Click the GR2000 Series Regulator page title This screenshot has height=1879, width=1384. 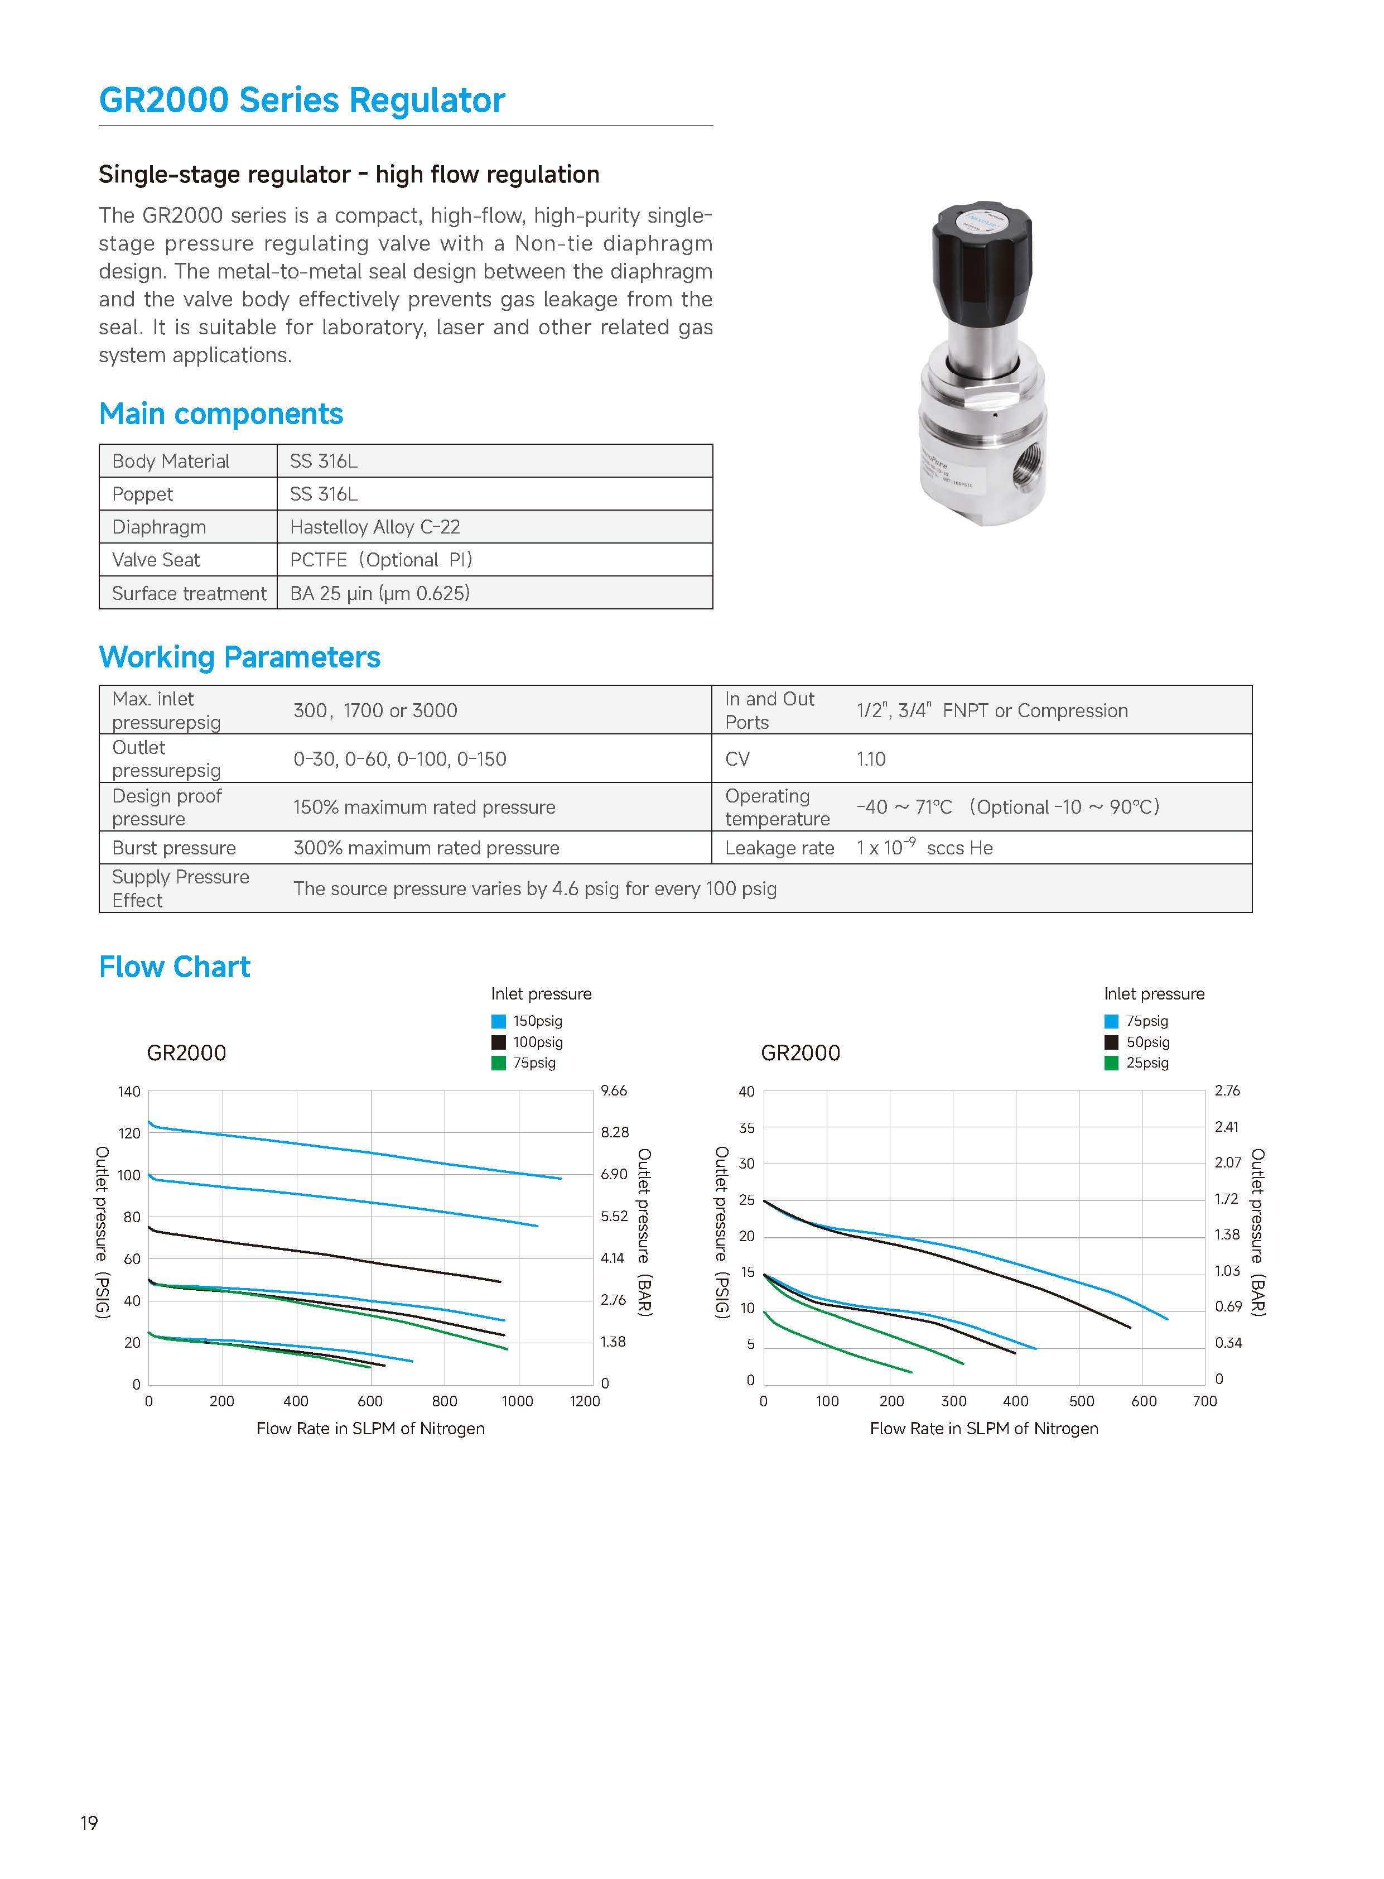(302, 100)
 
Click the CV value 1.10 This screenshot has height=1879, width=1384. (870, 760)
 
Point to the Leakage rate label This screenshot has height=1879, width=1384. (779, 848)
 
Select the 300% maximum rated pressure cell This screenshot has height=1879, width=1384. (426, 848)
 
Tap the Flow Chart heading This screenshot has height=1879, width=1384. (174, 967)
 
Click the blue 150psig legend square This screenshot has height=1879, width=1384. (499, 1021)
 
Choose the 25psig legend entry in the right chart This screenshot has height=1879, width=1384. (1146, 1063)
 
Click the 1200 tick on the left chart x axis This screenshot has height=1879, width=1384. (585, 1401)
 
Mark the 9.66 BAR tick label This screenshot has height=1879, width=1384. (614, 1090)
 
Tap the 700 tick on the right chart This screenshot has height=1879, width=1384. (1205, 1401)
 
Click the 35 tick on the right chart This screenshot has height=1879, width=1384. (746, 1128)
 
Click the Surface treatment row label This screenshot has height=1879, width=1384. (189, 593)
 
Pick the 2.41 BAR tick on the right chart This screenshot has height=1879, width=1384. (1227, 1126)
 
